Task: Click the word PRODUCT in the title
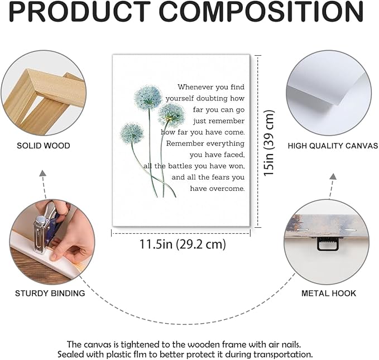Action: click(x=79, y=11)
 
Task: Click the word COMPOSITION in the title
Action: click(x=261, y=11)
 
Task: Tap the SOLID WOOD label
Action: click(x=44, y=146)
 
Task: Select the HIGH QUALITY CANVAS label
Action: click(x=333, y=146)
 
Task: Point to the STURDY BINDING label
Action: click(x=50, y=293)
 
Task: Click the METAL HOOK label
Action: click(x=329, y=293)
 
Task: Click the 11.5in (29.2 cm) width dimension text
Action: click(x=183, y=244)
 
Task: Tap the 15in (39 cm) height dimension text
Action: click(x=269, y=143)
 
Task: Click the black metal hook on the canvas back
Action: click(x=328, y=243)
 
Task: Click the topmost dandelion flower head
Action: click(x=148, y=98)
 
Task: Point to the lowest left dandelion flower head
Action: click(x=132, y=133)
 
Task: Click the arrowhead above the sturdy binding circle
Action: click(x=43, y=173)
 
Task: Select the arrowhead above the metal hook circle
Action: click(x=333, y=176)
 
